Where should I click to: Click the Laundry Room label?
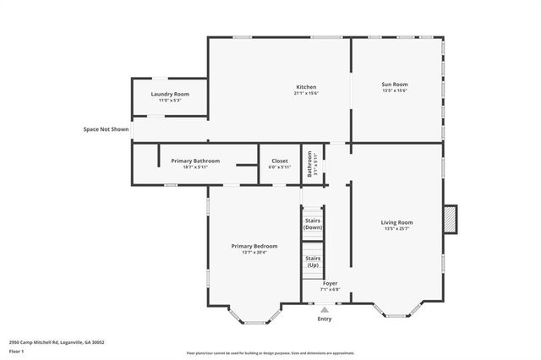pyautogui.click(x=169, y=94)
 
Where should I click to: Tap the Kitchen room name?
pyautogui.click(x=305, y=87)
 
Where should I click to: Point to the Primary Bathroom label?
pyautogui.click(x=195, y=161)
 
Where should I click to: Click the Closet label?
pyautogui.click(x=279, y=161)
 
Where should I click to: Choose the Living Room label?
pyautogui.click(x=396, y=222)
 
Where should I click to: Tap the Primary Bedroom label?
pyautogui.click(x=254, y=246)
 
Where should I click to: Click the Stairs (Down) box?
pyautogui.click(x=313, y=224)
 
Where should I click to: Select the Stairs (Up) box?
pyautogui.click(x=313, y=261)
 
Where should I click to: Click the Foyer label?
pyautogui.click(x=330, y=283)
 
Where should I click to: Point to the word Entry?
pyautogui.click(x=325, y=319)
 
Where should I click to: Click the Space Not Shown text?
pyautogui.click(x=106, y=129)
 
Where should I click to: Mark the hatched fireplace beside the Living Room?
pyautogui.click(x=450, y=218)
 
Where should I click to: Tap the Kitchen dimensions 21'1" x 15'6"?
pyautogui.click(x=305, y=94)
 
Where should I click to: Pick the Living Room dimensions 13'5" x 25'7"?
pyautogui.click(x=396, y=229)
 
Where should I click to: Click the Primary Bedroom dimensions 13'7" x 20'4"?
pyautogui.click(x=254, y=253)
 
